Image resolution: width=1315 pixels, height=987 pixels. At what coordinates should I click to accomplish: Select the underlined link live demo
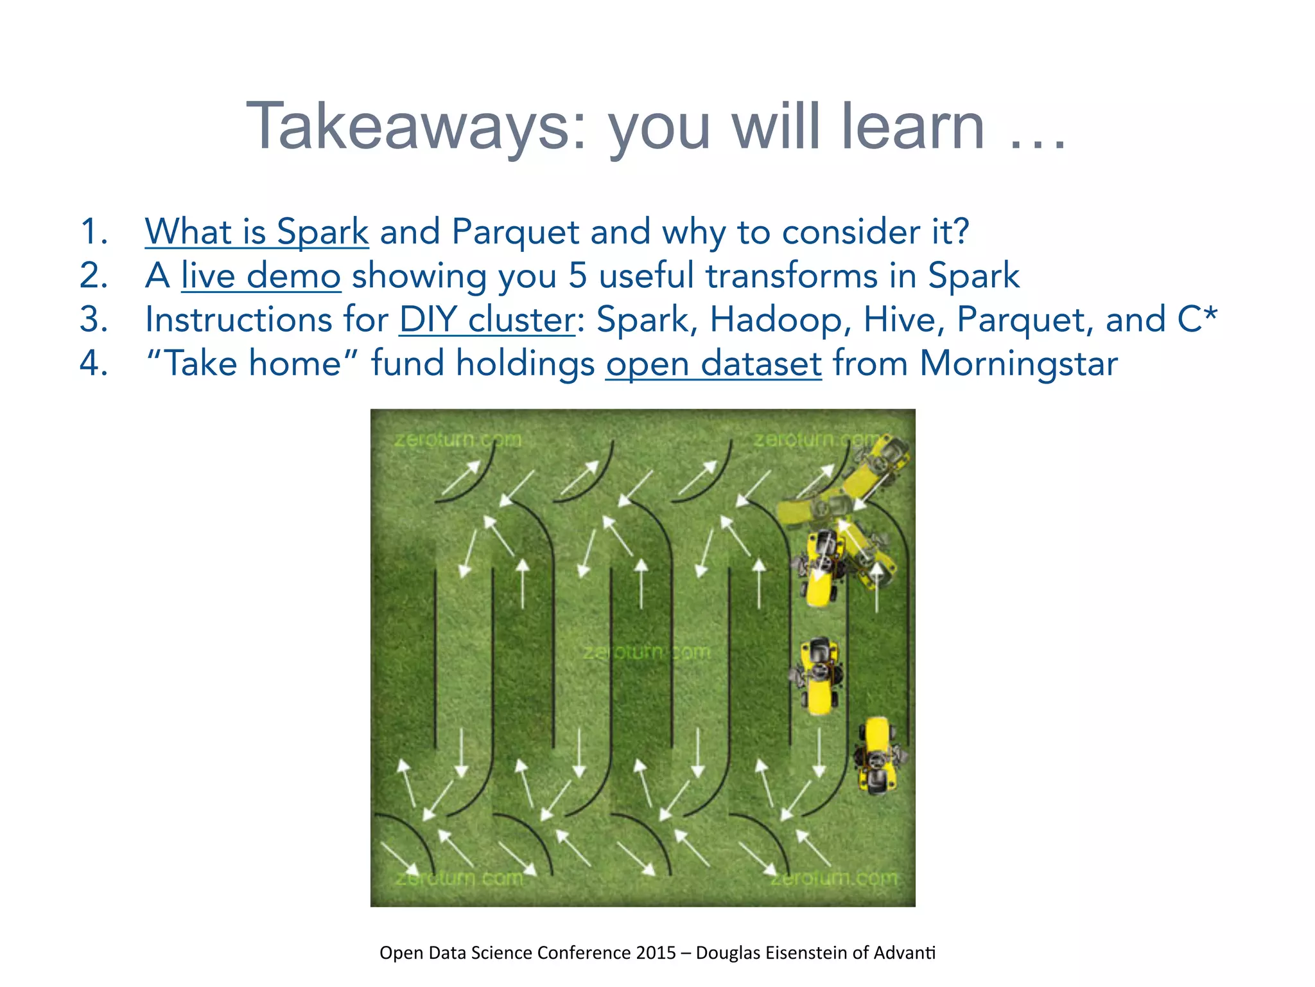click(261, 276)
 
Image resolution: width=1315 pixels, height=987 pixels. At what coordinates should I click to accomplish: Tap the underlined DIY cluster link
click(487, 319)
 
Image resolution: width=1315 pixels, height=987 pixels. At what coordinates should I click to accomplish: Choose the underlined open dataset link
click(713, 364)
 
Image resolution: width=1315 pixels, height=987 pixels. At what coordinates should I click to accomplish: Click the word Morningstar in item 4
click(1018, 364)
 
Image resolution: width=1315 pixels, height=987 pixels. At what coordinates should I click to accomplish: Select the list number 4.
click(93, 364)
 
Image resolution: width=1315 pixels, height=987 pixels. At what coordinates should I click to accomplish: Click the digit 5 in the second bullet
click(577, 276)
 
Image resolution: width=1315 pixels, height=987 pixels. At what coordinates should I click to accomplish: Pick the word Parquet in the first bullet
click(515, 233)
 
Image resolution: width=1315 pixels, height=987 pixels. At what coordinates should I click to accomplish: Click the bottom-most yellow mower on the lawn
click(878, 756)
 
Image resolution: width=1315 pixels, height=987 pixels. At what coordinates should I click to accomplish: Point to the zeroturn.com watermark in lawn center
click(646, 652)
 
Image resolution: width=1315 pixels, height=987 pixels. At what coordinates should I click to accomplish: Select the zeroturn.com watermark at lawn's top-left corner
click(457, 440)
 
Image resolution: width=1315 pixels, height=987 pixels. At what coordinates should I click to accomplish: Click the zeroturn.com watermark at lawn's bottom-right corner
click(833, 878)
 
